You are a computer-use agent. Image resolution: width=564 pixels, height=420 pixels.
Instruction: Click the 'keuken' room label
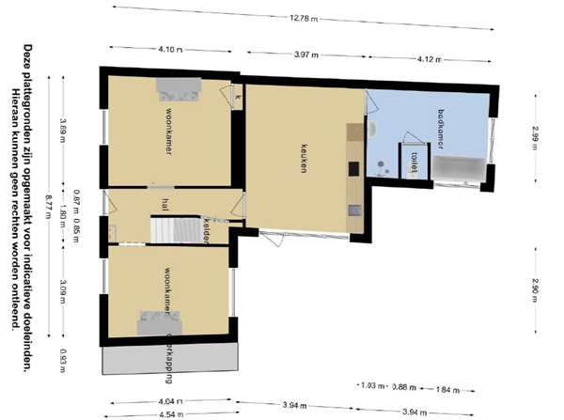click(x=305, y=156)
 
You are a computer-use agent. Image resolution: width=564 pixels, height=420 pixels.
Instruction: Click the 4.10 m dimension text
click(x=170, y=49)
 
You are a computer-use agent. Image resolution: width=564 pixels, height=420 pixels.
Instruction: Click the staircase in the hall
click(x=176, y=227)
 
